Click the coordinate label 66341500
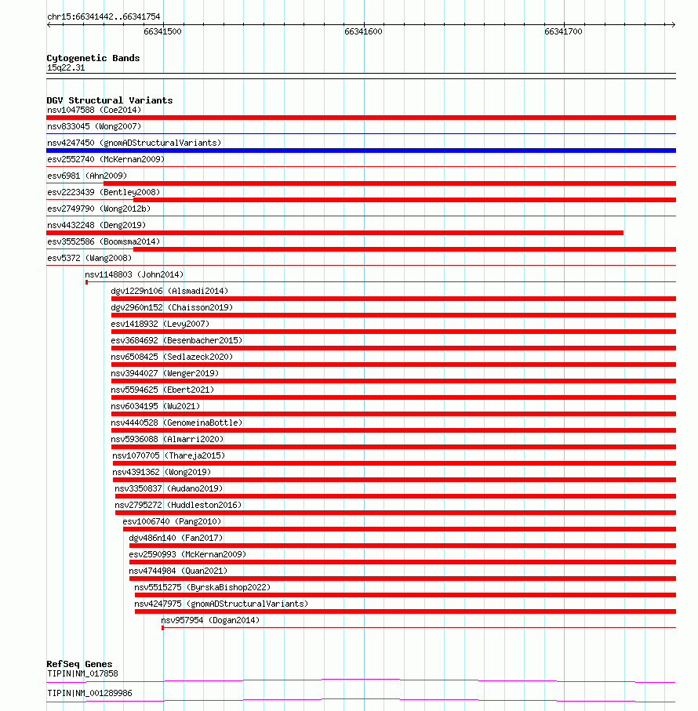point(162,31)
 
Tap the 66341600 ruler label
point(363,31)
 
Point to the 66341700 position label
point(563,31)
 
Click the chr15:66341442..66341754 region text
point(104,16)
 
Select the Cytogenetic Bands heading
point(93,58)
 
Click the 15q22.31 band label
point(66,68)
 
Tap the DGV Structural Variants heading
point(109,100)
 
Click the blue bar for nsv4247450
point(361,150)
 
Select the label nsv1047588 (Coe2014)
point(94,110)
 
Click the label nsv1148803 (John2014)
point(134,274)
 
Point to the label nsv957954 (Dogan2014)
point(210,620)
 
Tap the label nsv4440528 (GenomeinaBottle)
point(176,423)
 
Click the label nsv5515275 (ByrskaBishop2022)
point(202,587)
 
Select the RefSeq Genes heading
point(79,664)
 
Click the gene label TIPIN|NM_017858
point(82,673)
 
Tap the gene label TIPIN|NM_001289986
point(89,693)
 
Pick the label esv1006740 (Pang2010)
point(172,521)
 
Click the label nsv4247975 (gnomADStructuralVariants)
point(221,604)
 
